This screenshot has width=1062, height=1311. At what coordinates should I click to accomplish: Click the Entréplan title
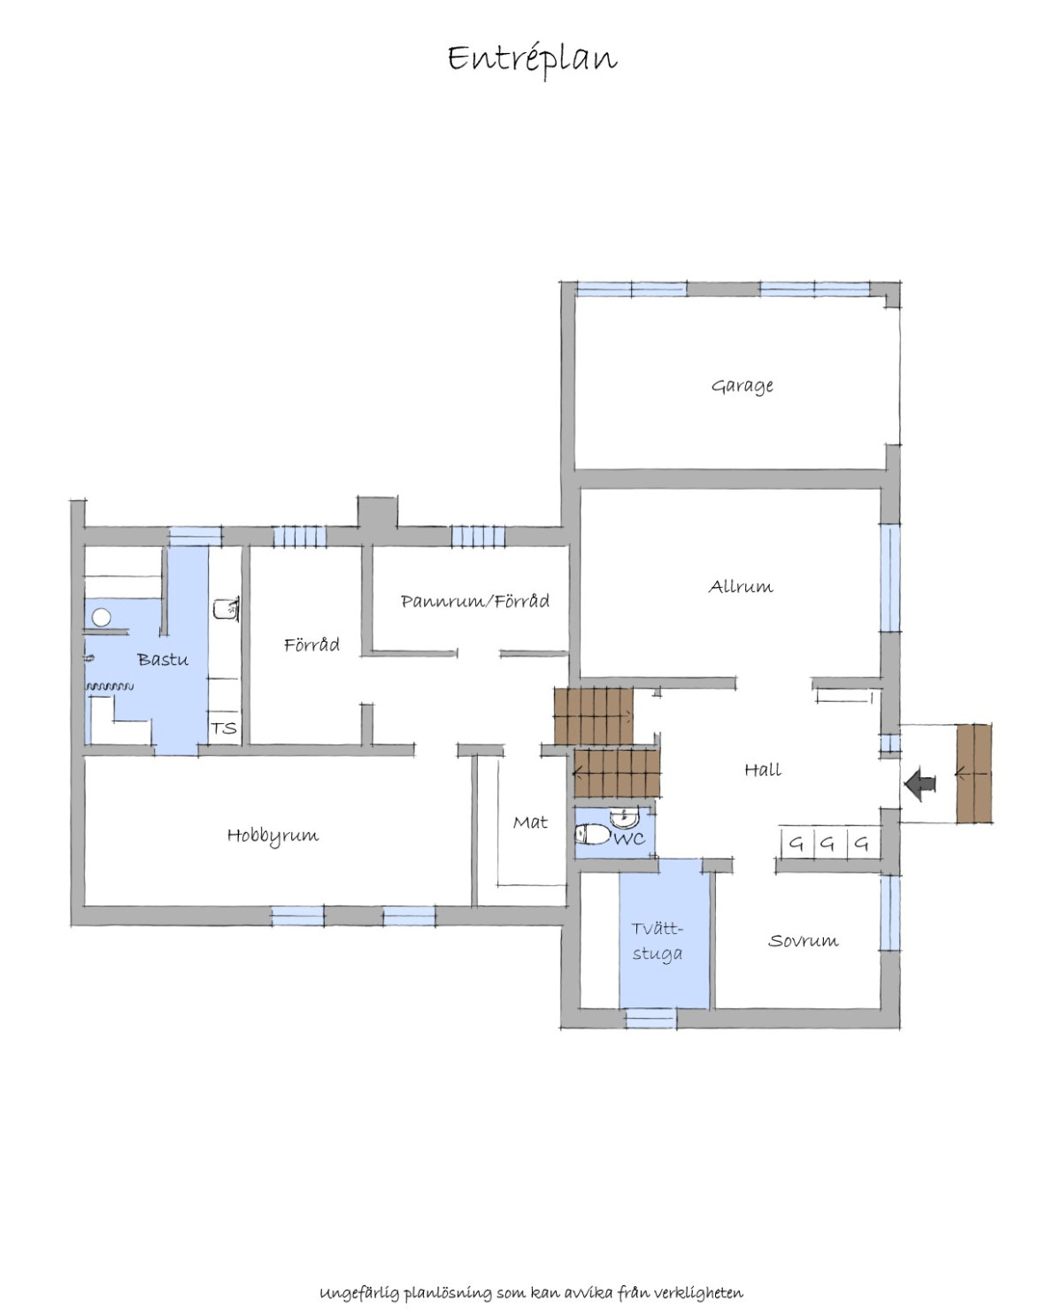(532, 60)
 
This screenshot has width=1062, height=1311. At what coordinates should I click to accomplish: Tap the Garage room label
(742, 386)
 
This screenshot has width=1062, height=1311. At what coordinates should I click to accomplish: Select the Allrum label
(740, 586)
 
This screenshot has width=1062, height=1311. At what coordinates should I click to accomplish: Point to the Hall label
(762, 769)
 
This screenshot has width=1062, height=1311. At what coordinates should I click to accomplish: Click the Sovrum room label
(803, 940)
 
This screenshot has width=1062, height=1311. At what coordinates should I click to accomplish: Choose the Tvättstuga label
(658, 941)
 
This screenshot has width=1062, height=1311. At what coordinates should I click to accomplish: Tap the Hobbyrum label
(273, 836)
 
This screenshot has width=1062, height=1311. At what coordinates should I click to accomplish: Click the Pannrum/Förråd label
(475, 601)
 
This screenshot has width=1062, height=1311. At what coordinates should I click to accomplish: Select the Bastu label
(163, 659)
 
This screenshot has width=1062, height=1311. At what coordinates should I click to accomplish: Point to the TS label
(223, 729)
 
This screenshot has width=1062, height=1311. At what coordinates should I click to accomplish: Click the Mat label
(530, 822)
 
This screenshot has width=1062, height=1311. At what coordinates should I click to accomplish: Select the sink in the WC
(625, 817)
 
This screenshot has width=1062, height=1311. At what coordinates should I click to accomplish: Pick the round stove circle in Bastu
(102, 617)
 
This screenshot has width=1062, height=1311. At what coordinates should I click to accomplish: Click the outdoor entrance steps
(973, 773)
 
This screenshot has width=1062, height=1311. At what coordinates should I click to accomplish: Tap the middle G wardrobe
(829, 844)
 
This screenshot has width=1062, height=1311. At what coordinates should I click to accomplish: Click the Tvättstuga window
(650, 1019)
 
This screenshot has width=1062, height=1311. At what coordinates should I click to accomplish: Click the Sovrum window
(889, 913)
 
